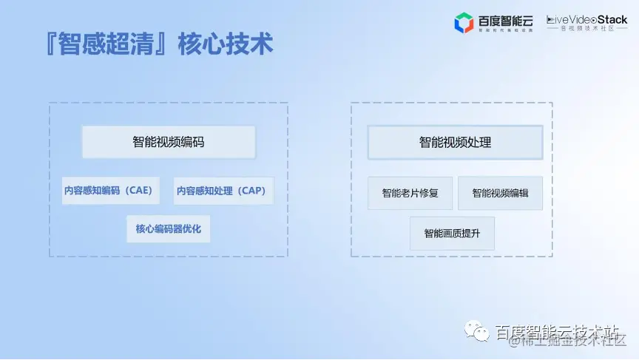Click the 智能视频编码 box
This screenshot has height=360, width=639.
(169, 142)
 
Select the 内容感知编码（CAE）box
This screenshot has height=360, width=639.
(108, 191)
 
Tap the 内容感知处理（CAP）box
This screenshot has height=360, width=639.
(223, 191)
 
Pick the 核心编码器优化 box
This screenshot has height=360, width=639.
(168, 229)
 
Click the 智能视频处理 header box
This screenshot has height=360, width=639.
(455, 142)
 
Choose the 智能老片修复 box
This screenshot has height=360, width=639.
(410, 194)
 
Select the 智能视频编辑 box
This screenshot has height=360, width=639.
(500, 194)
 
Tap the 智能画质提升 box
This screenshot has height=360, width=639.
(452, 234)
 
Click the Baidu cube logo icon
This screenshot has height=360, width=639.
(464, 23)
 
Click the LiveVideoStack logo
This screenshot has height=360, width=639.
(586, 23)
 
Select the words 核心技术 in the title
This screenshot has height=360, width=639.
(226, 44)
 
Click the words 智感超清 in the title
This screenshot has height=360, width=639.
(110, 44)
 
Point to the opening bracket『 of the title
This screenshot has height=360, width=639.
(52, 44)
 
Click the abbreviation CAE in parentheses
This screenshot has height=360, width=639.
(138, 191)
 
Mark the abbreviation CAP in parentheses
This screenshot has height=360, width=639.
(252, 191)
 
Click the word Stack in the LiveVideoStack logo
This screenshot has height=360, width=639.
(612, 20)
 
